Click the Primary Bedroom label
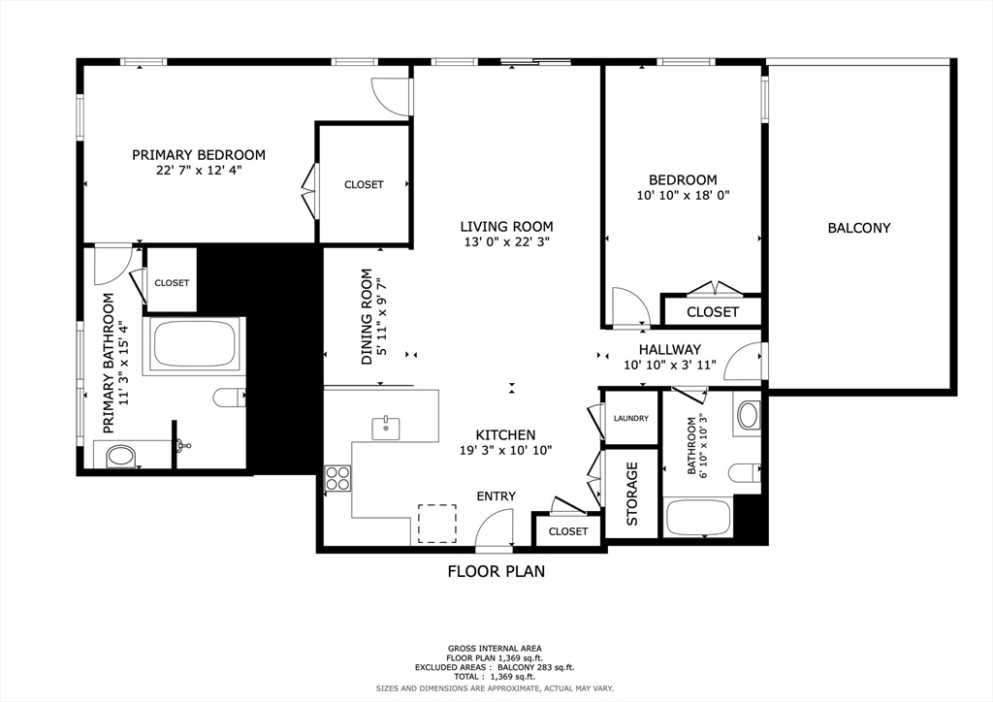point(198,155)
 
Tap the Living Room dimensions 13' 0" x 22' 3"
point(506,241)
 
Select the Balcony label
point(859,228)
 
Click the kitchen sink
point(386,428)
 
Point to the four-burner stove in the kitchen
point(337,478)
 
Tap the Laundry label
point(630,419)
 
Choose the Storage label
point(632,494)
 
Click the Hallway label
point(669,349)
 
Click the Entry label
point(496,496)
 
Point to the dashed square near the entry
point(437,524)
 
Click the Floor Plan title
point(496,572)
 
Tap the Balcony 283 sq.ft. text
point(535,667)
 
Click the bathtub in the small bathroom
point(697,518)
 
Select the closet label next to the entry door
point(568,531)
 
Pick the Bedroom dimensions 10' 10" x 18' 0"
point(683,196)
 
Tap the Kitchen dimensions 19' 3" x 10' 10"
point(506,451)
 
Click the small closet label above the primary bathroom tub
point(172,283)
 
